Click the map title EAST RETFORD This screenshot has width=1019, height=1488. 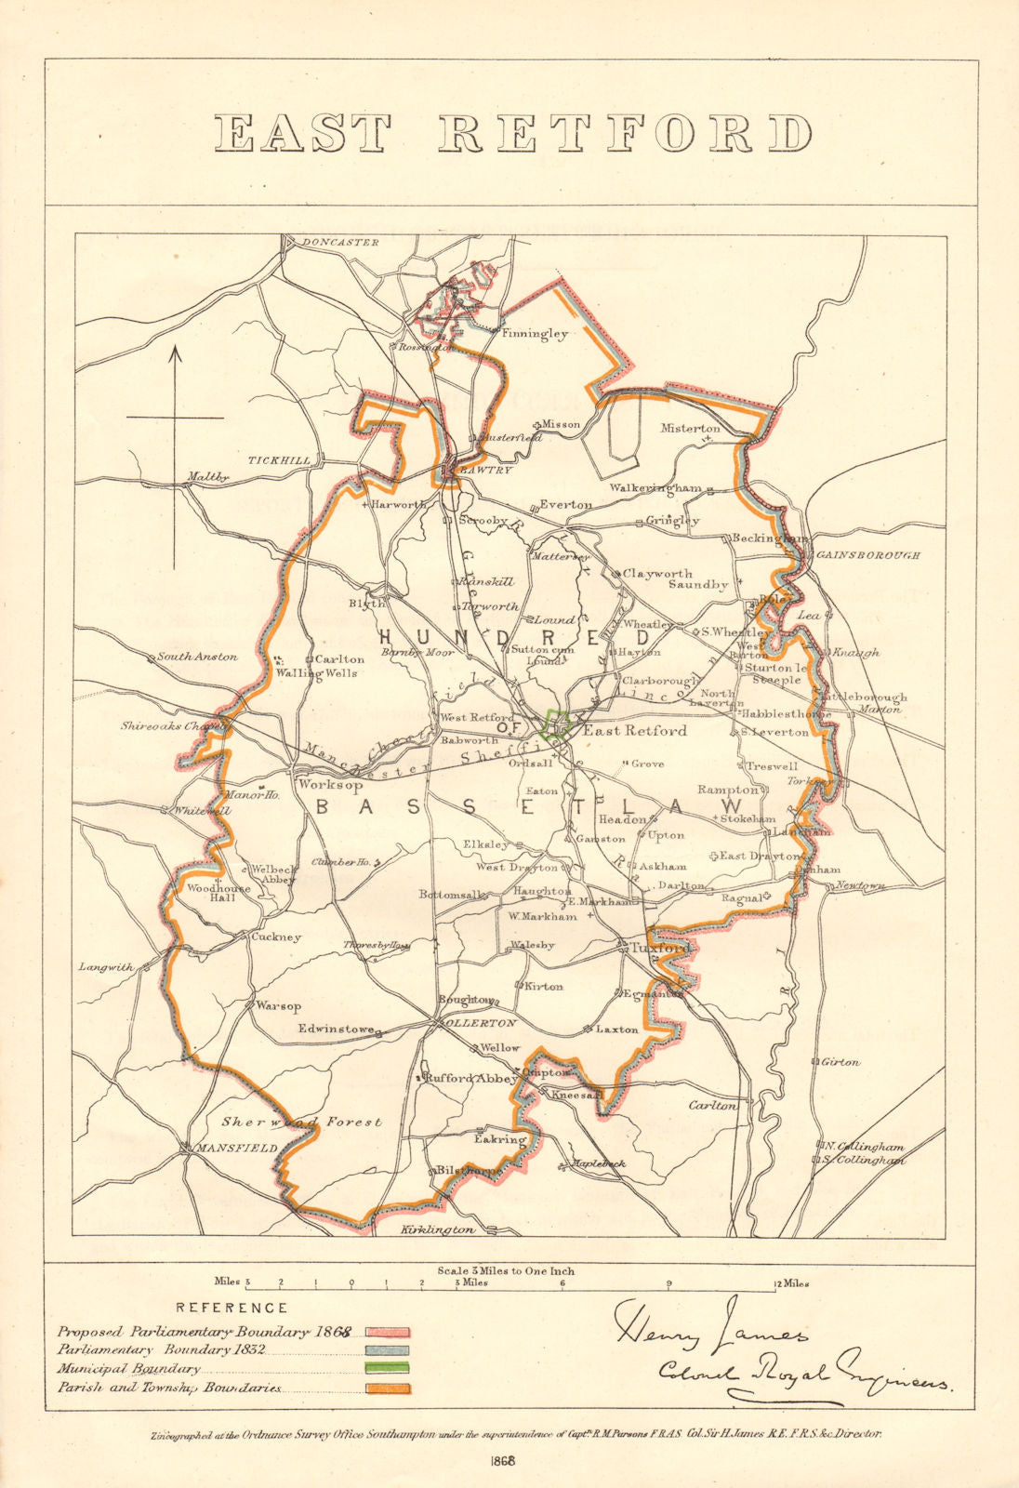[x=512, y=134]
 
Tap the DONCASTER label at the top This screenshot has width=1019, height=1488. [x=339, y=243]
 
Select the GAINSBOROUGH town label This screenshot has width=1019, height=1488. [x=867, y=555]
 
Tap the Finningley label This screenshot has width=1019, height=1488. [x=534, y=334]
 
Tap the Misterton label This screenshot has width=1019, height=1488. [x=690, y=429]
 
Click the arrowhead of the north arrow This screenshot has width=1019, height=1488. [x=175, y=352]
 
